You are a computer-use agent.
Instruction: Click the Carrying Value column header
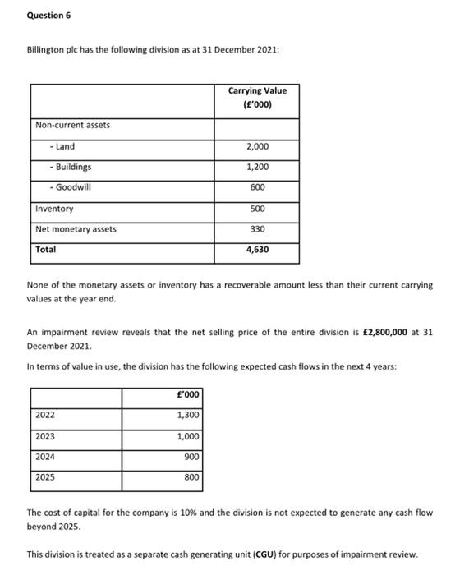point(257,98)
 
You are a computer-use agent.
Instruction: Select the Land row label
point(62,146)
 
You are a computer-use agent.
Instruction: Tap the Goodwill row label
point(71,187)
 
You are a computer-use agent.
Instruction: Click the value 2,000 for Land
point(257,146)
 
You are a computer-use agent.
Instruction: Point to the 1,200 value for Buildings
point(257,167)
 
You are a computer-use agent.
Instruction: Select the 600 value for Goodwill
point(257,187)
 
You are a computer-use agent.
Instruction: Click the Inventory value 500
point(258,209)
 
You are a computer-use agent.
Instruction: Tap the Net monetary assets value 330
point(258,229)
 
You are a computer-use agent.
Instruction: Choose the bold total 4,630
point(257,250)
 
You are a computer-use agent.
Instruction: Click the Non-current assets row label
point(72,125)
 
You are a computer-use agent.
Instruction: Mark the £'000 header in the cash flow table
point(188,394)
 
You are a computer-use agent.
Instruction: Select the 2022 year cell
point(45,415)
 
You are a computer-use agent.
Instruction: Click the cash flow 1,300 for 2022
point(188,415)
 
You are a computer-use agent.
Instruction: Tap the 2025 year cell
point(45,476)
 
